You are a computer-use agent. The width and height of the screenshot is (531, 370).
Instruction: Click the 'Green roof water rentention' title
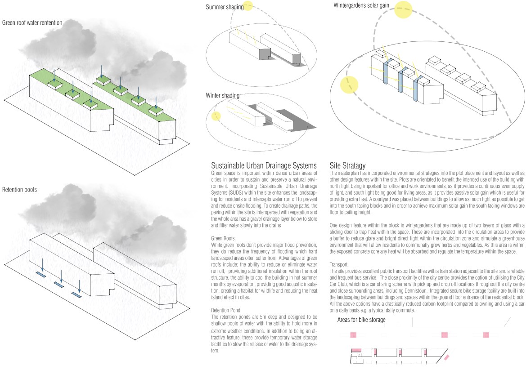pyautogui.click(x=32, y=22)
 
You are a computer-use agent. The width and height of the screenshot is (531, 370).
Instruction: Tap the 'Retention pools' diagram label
pyautogui.click(x=19, y=189)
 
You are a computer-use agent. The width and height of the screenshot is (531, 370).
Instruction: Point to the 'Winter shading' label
pyautogui.click(x=222, y=96)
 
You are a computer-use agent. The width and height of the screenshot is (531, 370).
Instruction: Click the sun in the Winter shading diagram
pyautogui.click(x=216, y=116)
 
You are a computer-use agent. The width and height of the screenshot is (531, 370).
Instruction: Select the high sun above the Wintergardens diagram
pyautogui.click(x=403, y=10)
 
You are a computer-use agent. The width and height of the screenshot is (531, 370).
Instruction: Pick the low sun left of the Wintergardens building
pyautogui.click(x=349, y=85)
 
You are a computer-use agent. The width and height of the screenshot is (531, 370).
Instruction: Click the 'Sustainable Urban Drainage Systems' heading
pyautogui.click(x=264, y=165)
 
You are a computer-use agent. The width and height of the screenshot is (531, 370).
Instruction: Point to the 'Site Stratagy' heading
pyautogui.click(x=347, y=165)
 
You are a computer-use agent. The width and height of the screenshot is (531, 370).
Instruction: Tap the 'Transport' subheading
pyautogui.click(x=338, y=264)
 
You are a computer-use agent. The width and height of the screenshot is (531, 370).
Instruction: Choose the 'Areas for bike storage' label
pyautogui.click(x=361, y=320)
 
